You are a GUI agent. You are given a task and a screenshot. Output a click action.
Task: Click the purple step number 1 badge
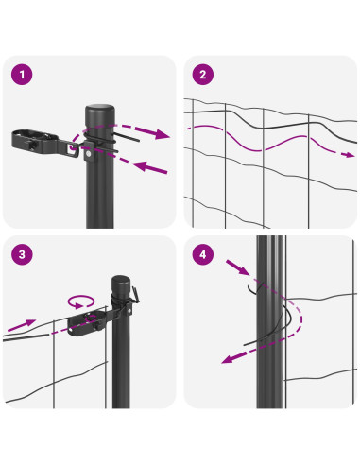22,75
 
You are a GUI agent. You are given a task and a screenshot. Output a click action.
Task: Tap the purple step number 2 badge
203,75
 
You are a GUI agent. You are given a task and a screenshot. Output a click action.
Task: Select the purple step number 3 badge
22,254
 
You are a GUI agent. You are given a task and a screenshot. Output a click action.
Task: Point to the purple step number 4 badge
203,254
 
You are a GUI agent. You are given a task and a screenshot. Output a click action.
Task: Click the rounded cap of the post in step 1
100,112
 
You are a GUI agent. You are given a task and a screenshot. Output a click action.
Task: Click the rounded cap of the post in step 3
121,282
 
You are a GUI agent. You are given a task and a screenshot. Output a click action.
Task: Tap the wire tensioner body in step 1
35,141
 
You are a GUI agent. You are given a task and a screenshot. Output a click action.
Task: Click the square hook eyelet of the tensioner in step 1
73,148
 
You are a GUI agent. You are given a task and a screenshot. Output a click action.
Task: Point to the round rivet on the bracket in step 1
89,154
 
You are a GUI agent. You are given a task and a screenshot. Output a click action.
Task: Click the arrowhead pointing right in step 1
162,133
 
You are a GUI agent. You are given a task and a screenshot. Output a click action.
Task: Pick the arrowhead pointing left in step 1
141,165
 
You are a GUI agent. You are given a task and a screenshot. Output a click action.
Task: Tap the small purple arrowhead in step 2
350,155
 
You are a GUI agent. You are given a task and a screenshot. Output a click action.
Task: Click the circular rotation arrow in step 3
81,301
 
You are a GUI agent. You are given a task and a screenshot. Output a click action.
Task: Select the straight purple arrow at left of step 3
21,325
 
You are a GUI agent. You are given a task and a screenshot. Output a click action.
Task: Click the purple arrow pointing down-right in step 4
238,267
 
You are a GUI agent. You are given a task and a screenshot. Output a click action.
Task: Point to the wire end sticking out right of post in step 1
127,137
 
